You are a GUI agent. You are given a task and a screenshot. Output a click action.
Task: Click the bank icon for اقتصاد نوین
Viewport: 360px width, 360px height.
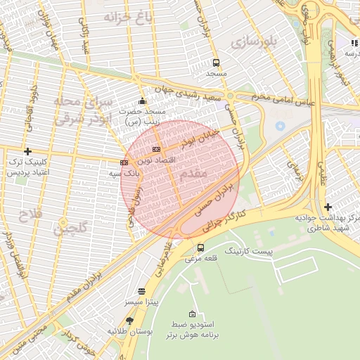(x=155, y=149)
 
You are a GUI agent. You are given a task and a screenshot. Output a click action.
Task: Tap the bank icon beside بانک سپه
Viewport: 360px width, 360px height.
(x=124, y=162)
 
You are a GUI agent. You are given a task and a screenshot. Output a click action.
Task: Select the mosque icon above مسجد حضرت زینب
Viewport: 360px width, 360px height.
(x=143, y=101)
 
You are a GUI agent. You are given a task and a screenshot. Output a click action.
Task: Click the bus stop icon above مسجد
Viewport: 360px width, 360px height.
(x=215, y=62)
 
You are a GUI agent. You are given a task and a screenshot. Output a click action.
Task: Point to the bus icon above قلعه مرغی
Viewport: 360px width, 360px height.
(x=201, y=247)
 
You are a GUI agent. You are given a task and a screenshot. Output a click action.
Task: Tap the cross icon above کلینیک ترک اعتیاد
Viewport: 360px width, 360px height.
(x=27, y=151)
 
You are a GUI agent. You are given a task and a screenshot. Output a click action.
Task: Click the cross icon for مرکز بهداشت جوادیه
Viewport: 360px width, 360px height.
(x=328, y=207)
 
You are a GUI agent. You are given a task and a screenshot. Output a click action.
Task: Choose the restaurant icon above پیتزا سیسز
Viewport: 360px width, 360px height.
(x=142, y=290)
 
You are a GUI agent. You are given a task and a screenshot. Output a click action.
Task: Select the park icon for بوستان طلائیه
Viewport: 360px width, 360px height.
(x=129, y=321)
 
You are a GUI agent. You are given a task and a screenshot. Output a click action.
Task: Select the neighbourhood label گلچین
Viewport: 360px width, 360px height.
(x=73, y=227)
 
